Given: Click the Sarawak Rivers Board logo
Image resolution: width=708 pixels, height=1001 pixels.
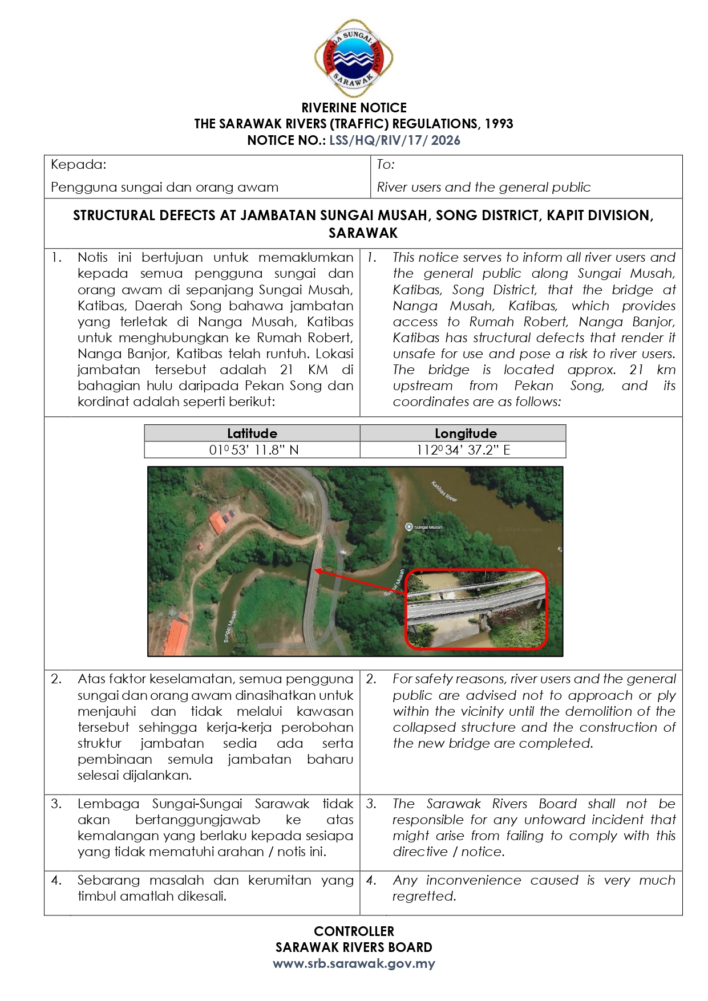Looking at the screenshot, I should click(x=354, y=58).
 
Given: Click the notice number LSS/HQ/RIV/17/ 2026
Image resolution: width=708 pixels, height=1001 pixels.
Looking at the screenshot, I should click(x=394, y=140).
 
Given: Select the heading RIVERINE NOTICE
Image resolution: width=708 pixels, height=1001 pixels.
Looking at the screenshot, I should click(x=354, y=108).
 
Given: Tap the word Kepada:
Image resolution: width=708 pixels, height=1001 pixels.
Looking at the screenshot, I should click(x=78, y=165).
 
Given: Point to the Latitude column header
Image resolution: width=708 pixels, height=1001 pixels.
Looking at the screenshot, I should click(x=252, y=433).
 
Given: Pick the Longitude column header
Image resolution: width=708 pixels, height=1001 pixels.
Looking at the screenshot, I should click(x=465, y=433).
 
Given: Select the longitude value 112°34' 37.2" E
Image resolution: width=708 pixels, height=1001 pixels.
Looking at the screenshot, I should click(x=463, y=450).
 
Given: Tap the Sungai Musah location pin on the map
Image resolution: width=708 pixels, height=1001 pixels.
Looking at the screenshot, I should click(x=408, y=527).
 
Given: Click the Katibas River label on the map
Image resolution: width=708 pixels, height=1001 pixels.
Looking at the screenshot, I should click(x=444, y=492).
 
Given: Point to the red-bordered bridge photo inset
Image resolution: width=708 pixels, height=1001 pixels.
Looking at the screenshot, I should click(x=476, y=609).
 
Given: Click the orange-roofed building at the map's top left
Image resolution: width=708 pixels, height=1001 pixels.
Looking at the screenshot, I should click(x=218, y=522).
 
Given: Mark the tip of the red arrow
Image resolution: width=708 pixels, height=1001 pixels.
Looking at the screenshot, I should click(x=315, y=570).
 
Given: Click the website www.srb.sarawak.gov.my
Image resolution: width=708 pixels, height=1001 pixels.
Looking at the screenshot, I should click(x=354, y=963).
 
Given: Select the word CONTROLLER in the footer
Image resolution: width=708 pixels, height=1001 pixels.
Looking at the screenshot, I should click(x=354, y=931).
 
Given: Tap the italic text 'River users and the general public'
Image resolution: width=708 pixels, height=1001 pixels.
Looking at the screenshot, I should click(x=483, y=187).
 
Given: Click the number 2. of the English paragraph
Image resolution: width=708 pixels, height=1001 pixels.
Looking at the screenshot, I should click(x=371, y=679).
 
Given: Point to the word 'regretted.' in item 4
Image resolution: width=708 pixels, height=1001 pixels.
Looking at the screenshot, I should click(x=424, y=896).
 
